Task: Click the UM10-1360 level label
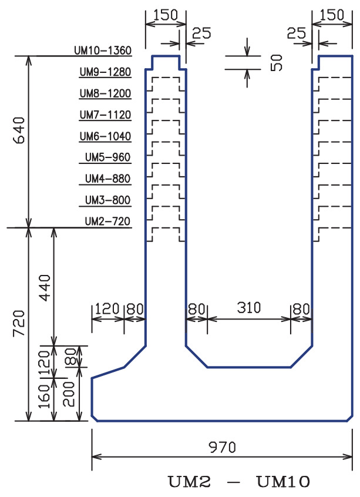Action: [x=103, y=51]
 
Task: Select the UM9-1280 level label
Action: [x=105, y=72]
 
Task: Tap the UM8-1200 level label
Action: [x=105, y=93]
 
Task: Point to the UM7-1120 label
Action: [x=105, y=115]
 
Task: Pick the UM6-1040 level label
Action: [x=105, y=136]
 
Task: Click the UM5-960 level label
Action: [x=107, y=157]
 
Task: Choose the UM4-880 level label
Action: [x=107, y=179]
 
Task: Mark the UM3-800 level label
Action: [x=107, y=200]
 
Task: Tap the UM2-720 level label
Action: [x=107, y=221]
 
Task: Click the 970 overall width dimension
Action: [x=223, y=447]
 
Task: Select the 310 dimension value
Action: [x=248, y=307]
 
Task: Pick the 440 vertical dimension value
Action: [x=46, y=287]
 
